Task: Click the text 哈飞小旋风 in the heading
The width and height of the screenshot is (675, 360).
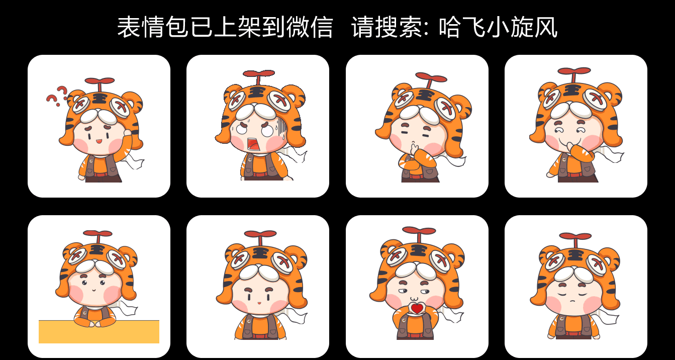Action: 498,27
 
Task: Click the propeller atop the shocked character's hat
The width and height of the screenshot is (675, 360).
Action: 258,74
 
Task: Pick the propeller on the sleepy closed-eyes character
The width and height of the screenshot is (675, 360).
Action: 575,236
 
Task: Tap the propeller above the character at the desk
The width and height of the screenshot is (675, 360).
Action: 98,234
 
